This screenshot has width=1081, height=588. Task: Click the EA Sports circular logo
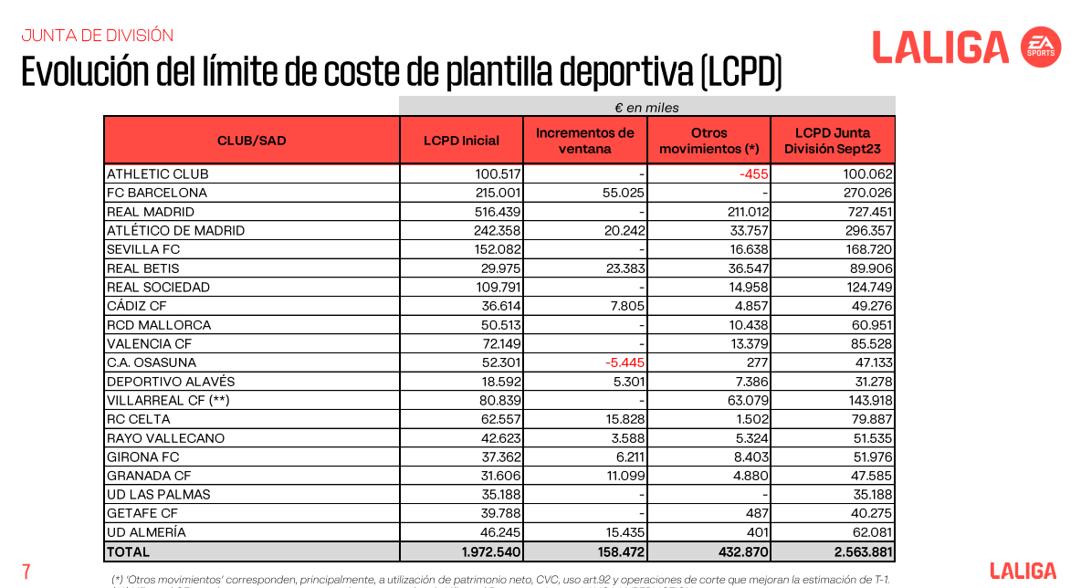1040,47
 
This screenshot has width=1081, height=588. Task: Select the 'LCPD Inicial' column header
461,141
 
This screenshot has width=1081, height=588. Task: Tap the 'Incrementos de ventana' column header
584,141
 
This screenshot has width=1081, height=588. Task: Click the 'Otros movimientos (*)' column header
708,141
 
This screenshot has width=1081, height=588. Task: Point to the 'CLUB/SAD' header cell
252,141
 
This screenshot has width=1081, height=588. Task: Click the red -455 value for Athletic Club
753,174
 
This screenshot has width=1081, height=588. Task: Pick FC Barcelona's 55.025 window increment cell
624,193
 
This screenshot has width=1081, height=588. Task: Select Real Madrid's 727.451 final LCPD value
870,212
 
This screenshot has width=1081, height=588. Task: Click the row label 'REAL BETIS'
142,268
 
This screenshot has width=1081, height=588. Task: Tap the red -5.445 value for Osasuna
624,362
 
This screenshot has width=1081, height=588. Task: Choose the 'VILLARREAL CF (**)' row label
168,401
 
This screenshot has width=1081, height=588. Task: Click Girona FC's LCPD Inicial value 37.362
500,457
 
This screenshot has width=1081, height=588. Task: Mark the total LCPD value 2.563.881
863,552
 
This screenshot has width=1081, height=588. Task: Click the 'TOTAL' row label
128,552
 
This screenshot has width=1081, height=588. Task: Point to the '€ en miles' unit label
646,108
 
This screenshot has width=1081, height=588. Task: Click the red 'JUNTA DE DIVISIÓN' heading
97,36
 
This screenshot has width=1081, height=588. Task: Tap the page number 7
26,572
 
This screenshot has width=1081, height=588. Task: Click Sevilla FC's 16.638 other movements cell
748,249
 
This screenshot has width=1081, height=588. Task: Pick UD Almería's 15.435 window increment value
624,532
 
